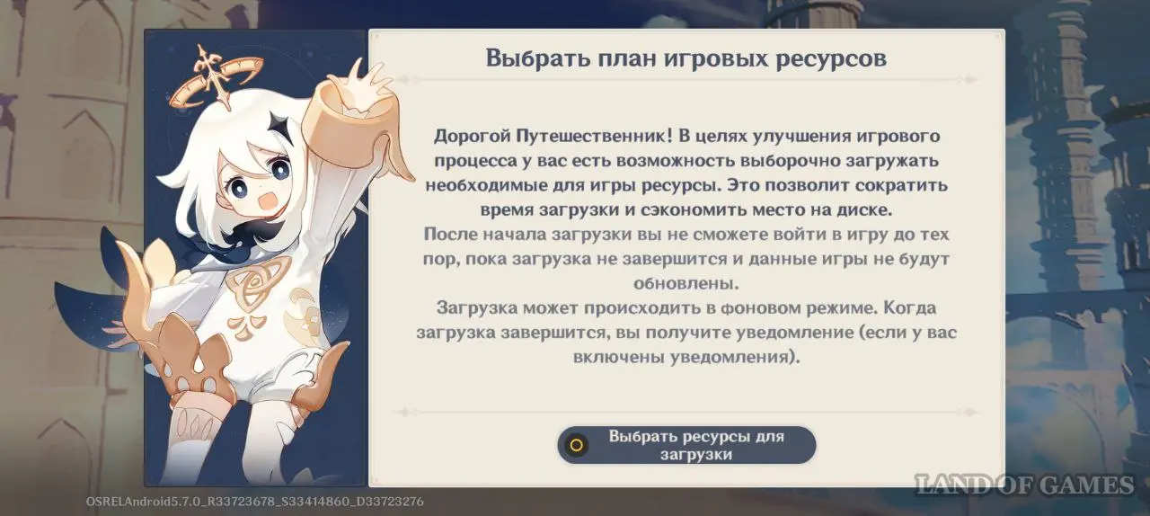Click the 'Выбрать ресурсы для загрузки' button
pyautogui.click(x=686, y=445)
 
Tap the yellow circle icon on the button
pyautogui.click(x=577, y=445)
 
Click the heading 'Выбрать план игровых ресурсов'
pyautogui.click(x=686, y=58)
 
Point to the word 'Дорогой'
pyautogui.click(x=473, y=137)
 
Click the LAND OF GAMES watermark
pyautogui.click(x=1024, y=485)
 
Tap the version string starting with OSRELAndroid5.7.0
pyautogui.click(x=254, y=501)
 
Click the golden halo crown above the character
pyautogui.click(x=217, y=78)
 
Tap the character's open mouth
pyautogui.click(x=268, y=201)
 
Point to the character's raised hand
pyautogui.click(x=362, y=82)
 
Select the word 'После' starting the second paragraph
pyautogui.click(x=450, y=235)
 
